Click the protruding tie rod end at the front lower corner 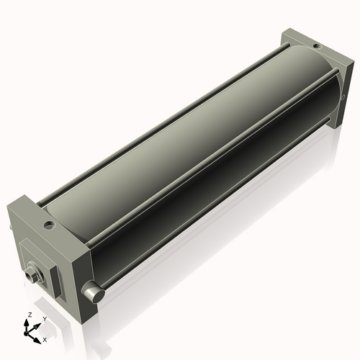(92, 292)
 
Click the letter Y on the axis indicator (44, 318)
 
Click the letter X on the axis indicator (45, 338)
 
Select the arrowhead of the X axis (39, 336)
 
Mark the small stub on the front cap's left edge (11, 225)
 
